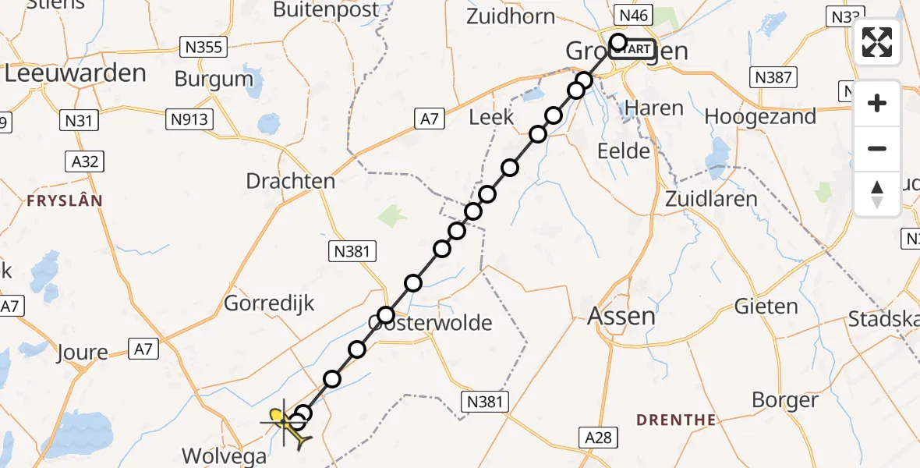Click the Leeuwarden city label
[76, 73]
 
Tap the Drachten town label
[290, 181]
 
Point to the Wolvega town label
[224, 456]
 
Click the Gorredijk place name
[269, 303]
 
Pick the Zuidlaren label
[711, 198]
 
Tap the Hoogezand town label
[760, 116]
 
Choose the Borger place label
[785, 400]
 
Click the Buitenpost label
[327, 10]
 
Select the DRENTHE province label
[676, 420]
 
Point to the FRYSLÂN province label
[65, 200]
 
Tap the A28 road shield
[598, 437]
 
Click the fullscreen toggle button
[877, 42]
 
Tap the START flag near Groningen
[633, 49]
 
